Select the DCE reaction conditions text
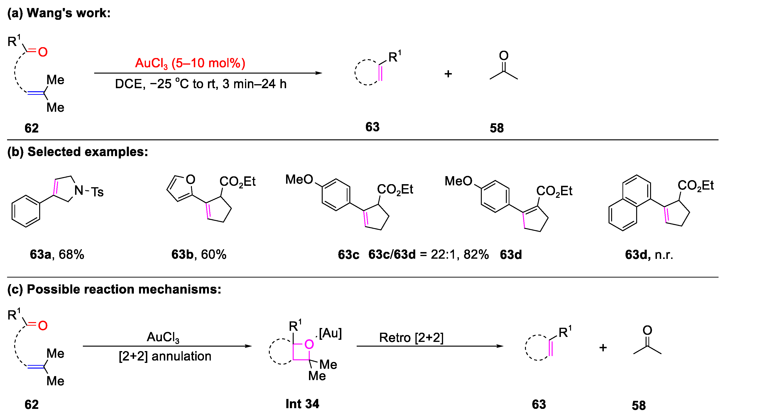(x=201, y=84)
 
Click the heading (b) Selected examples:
(x=77, y=152)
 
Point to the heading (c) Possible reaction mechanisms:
(x=114, y=289)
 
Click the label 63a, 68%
(x=57, y=254)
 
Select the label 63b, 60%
(x=199, y=254)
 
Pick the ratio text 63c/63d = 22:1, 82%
(x=428, y=254)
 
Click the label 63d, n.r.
(x=649, y=255)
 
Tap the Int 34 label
(x=302, y=404)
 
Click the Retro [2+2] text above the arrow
(x=411, y=338)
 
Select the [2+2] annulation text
(x=165, y=356)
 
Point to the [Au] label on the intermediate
(x=330, y=333)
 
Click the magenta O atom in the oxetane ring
(x=309, y=344)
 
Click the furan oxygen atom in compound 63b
(x=190, y=179)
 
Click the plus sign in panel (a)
(x=448, y=74)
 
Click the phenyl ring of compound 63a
(x=26, y=211)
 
